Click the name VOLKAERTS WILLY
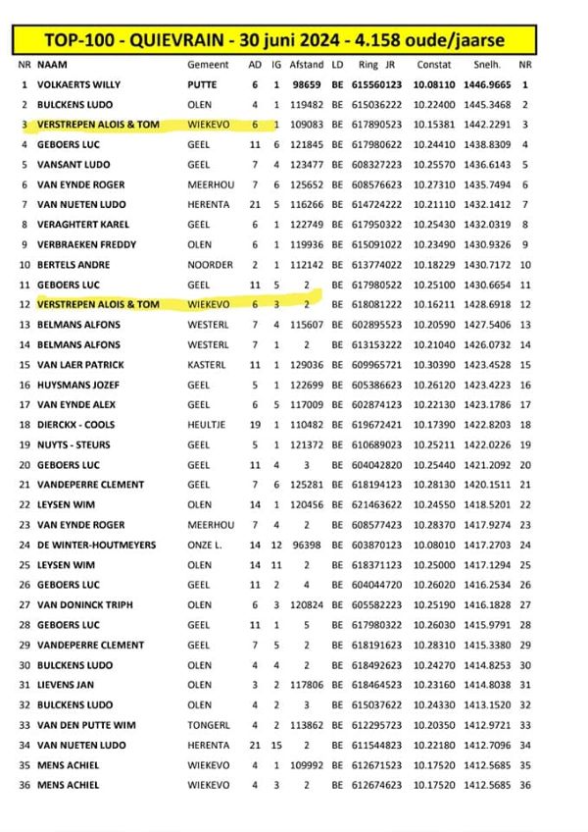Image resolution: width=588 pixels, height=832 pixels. coord(78,84)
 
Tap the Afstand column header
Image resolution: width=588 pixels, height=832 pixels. coord(308,63)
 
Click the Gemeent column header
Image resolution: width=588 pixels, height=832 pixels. coord(208,63)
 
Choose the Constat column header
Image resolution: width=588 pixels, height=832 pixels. coord(434,63)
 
